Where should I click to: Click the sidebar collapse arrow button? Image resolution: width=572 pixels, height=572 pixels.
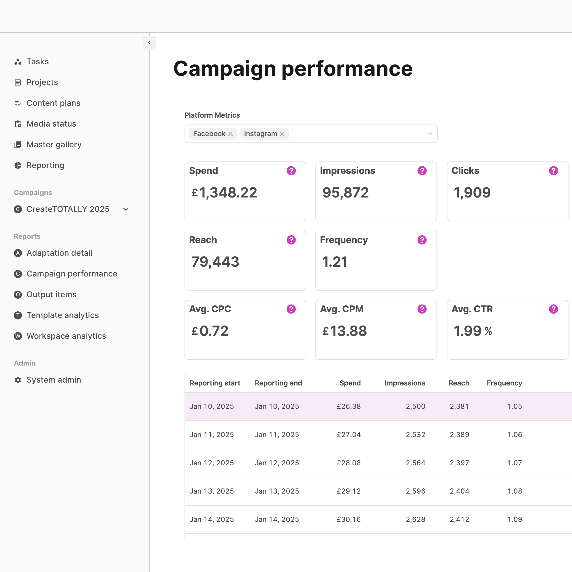(x=149, y=43)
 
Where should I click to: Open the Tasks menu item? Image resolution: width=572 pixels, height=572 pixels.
(x=37, y=62)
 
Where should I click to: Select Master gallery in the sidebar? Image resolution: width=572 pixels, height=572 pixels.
(x=54, y=144)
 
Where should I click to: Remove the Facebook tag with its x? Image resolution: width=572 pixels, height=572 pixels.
(x=230, y=134)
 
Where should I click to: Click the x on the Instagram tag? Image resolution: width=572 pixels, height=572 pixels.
(x=282, y=134)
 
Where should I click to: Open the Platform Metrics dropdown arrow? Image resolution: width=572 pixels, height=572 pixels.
(x=430, y=134)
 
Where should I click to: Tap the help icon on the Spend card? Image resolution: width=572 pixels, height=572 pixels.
(x=291, y=171)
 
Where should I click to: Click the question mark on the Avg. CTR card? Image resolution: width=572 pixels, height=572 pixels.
(x=553, y=309)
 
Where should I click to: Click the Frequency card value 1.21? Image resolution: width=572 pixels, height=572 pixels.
(x=334, y=262)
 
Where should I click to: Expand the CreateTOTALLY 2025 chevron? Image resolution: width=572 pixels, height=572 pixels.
(x=126, y=209)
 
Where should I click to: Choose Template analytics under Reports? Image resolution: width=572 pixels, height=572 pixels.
(x=63, y=315)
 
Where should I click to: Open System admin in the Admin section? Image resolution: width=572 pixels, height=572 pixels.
(x=54, y=380)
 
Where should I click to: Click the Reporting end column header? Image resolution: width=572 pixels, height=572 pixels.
(x=278, y=383)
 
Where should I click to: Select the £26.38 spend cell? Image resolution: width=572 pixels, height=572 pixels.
(x=349, y=407)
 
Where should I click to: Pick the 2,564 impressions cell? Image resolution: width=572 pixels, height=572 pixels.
(x=415, y=463)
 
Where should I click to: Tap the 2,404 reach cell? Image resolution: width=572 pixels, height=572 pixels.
(x=459, y=491)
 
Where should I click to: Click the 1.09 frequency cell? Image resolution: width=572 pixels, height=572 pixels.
(x=515, y=519)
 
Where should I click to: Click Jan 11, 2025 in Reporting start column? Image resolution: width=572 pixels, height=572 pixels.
(x=212, y=435)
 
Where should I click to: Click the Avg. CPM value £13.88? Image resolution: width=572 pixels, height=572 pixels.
(x=345, y=331)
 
